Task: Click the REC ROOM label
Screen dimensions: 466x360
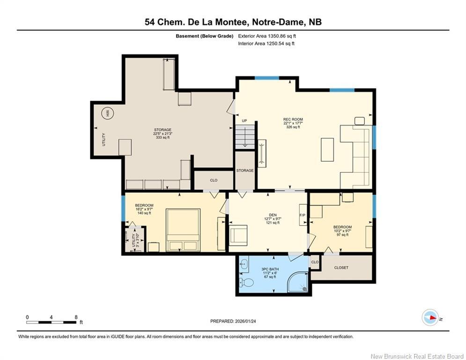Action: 293,120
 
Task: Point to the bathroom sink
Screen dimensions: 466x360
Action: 244,263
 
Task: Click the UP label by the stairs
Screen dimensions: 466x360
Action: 244,121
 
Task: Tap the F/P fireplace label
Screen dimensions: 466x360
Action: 303,215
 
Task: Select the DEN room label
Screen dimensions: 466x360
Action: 273,215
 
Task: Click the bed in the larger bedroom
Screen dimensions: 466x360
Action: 183,230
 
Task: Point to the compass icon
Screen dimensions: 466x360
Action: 430,317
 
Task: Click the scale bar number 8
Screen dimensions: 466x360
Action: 76,317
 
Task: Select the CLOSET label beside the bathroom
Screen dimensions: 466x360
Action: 341,268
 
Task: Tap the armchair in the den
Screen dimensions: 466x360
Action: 238,235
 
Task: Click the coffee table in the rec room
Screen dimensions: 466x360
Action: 327,150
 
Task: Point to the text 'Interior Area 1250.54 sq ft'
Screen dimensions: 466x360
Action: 266,44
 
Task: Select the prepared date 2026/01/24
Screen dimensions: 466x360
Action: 245,321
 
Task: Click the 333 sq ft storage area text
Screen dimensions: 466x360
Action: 163,137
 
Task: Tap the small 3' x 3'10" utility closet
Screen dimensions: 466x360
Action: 134,240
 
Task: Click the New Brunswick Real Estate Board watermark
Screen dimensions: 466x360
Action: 417,356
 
